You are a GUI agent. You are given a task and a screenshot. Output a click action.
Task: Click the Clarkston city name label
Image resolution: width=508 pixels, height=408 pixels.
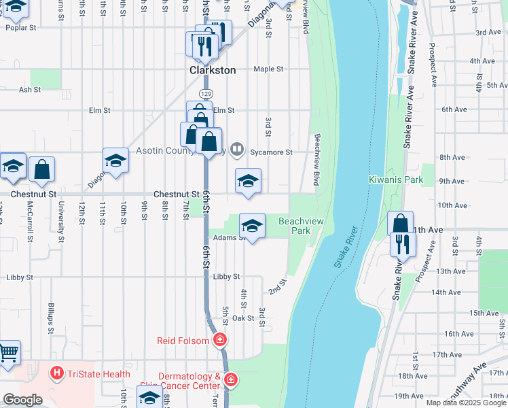[213, 70]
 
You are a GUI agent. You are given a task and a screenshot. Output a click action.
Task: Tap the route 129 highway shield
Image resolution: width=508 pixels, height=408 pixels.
[204, 92]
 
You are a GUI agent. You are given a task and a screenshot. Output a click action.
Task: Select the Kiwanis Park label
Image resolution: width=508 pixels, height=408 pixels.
[395, 180]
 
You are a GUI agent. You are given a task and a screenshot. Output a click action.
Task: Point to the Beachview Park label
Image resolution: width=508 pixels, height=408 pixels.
[295, 226]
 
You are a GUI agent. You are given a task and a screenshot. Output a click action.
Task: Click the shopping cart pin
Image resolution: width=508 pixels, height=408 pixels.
[8, 353]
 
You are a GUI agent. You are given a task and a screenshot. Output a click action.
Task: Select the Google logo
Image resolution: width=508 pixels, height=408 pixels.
[22, 399]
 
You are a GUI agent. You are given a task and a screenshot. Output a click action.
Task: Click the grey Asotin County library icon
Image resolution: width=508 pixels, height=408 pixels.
[236, 148]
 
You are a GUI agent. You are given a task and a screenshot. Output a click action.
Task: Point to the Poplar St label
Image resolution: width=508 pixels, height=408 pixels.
[20, 28]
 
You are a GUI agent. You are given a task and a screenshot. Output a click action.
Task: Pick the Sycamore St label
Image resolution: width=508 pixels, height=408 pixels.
[270, 152]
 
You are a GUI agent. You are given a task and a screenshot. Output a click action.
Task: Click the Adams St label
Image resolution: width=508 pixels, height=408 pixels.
[228, 238]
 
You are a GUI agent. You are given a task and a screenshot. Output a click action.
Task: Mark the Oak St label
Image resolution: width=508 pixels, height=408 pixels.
[242, 318]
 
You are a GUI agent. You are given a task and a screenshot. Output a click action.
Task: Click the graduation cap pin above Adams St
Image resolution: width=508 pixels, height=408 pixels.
[252, 226]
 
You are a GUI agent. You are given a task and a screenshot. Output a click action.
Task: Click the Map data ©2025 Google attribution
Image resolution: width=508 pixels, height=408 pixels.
[465, 403]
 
